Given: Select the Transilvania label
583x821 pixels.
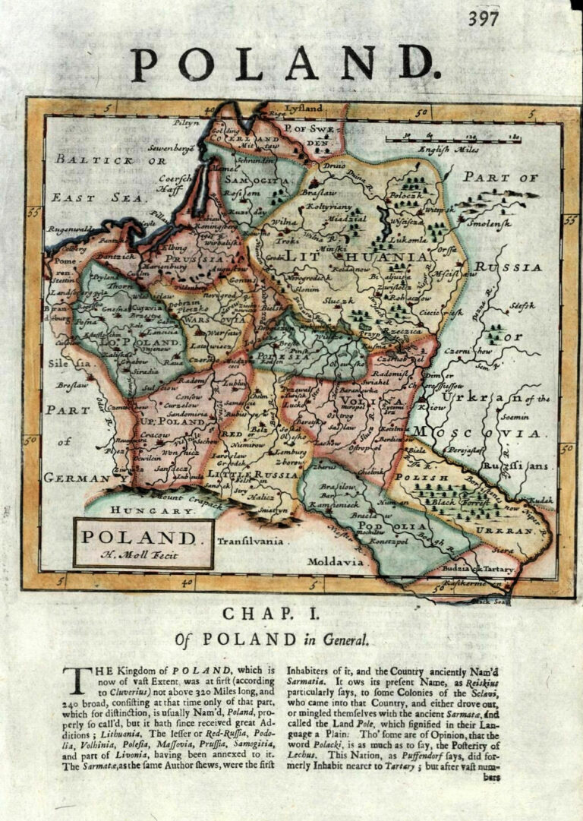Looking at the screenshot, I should coord(250,542).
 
